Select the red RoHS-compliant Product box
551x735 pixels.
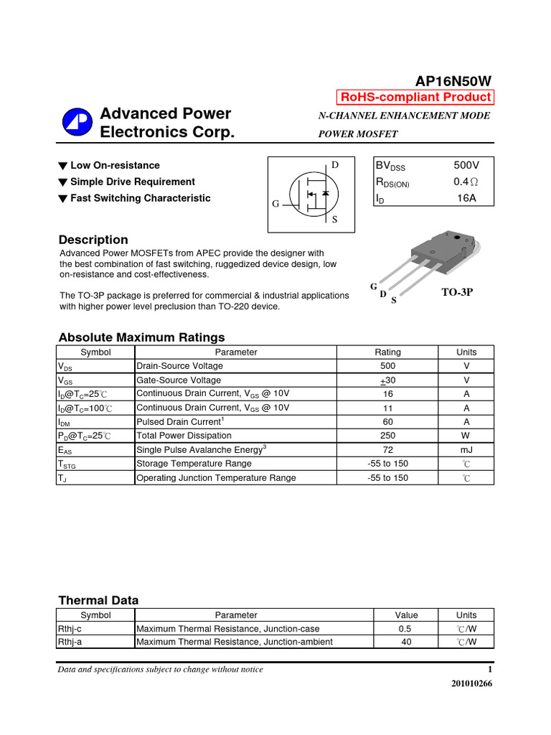tap(415, 98)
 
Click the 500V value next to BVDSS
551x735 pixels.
tap(466, 165)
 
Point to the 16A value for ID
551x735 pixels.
tap(466, 198)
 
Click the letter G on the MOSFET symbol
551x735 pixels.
tap(275, 204)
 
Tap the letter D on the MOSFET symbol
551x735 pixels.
tap(335, 166)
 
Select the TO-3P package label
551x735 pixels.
tap(457, 292)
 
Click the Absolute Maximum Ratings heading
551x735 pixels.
tap(141, 337)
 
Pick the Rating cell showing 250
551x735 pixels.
tap(388, 436)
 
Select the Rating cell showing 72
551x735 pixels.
tap(388, 450)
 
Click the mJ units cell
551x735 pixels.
tap(466, 450)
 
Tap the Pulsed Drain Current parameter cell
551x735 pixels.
tap(180, 421)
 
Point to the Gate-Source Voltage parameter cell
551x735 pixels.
tap(179, 380)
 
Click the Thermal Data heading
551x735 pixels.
tap(98, 600)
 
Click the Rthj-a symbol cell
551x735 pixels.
tap(70, 642)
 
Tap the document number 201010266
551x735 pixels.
tap(471, 683)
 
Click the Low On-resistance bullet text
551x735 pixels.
tap(115, 166)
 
